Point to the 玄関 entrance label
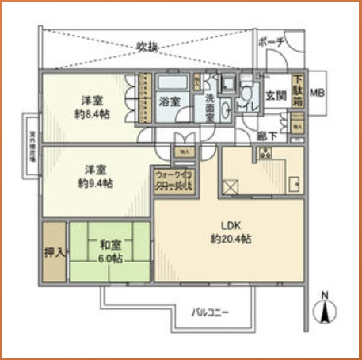pos(274,96)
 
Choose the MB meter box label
pos(317,94)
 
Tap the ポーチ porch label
pos(271,43)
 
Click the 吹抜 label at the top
pos(147,47)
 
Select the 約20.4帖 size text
pos(231,239)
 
